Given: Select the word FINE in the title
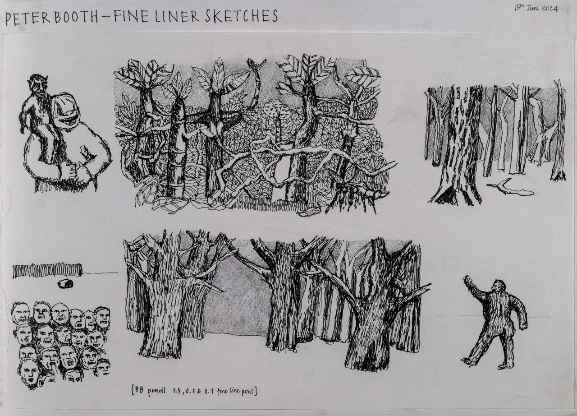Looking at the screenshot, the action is pos(131,17).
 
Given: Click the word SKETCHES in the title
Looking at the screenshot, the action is pos(241,16).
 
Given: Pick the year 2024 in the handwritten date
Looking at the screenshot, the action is pos(550,9).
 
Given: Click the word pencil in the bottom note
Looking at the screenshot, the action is pos(156,392).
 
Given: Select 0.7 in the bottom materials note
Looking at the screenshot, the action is pos(209,392).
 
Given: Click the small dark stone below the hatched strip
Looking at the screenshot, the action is pos(65,284).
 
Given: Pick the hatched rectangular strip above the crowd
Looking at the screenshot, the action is pos(47,271).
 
